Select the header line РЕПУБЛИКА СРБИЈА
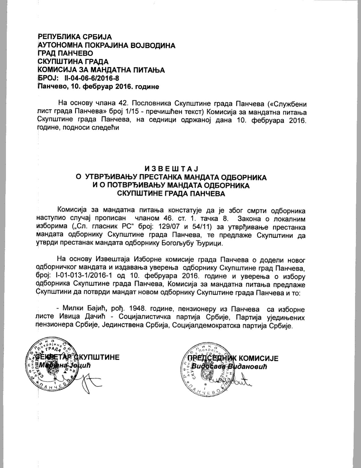[x=75, y=37]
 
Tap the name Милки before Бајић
[x=73, y=309]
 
